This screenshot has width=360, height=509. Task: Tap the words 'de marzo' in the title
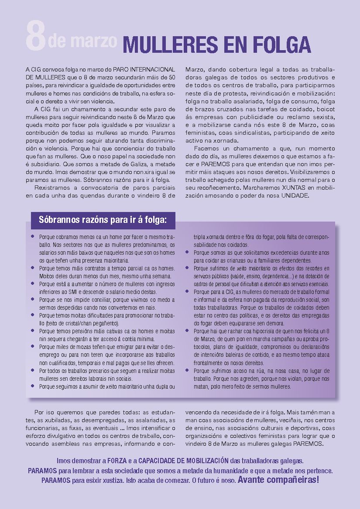[82, 41]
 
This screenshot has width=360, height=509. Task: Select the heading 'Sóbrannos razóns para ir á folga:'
[103, 219]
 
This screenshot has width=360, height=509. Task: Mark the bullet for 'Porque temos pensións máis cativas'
[33, 331]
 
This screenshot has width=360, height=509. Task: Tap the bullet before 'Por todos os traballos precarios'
[33, 370]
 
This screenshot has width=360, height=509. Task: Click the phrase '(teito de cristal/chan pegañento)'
[79, 323]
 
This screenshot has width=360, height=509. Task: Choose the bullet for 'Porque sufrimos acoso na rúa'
[187, 370]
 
